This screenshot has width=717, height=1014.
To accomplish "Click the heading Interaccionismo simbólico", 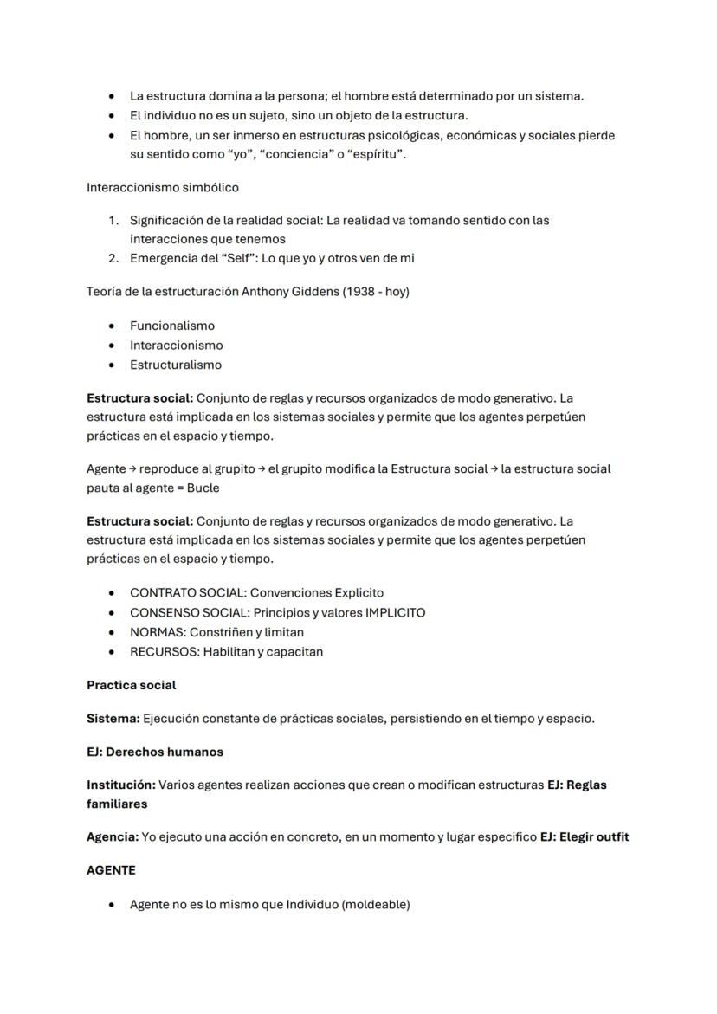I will [163, 187].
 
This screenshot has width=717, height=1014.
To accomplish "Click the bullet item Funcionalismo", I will [172, 326].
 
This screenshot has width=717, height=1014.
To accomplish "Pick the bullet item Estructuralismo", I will [176, 365].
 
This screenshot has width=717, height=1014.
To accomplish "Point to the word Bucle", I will [203, 488].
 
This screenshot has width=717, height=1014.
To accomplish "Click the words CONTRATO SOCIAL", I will [186, 593].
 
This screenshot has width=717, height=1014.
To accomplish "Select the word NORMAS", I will [156, 632].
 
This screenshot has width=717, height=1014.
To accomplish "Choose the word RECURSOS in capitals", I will [163, 651].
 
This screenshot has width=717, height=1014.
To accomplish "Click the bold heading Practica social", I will [131, 685].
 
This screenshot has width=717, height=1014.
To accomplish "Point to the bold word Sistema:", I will [113, 718].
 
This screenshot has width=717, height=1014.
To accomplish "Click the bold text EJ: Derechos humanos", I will [155, 752].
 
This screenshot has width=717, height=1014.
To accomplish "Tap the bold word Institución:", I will [120, 785].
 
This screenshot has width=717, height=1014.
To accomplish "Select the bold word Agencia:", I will [113, 836].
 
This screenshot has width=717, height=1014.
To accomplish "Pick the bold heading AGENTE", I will [111, 870].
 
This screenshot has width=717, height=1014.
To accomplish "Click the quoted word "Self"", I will [237, 258].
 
